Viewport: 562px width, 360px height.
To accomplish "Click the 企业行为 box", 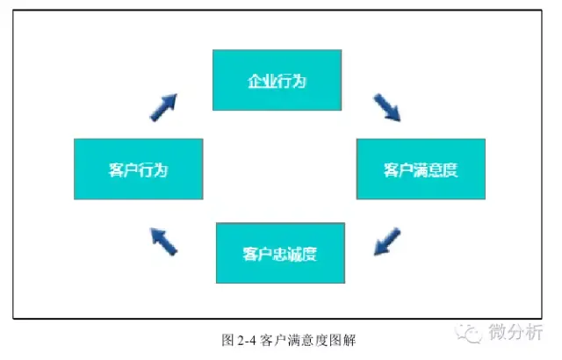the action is pos(277,80).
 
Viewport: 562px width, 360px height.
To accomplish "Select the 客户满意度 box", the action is pos(421,169).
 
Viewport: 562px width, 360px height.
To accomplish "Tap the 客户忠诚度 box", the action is pos(280,253).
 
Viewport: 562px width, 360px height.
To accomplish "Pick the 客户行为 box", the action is pos(139,169).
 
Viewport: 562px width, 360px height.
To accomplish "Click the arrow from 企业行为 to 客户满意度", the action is pos(387,107).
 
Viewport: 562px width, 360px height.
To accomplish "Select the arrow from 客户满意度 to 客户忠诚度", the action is pos(387,241).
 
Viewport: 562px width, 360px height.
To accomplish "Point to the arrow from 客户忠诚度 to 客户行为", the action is pos(163,241).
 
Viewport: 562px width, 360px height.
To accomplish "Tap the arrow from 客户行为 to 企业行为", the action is pos(163,107).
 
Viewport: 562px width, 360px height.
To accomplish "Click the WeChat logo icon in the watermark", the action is pos(469,333).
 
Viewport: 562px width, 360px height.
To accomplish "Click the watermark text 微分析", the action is pos(515,332).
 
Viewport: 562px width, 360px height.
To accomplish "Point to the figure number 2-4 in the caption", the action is pos(247,341).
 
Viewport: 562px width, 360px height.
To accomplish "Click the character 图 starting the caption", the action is pos(228,341).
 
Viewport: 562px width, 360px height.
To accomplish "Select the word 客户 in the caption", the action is pos(273,341).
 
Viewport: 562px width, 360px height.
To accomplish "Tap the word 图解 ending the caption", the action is pos(343,341).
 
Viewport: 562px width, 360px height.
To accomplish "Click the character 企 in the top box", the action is pos(256,82).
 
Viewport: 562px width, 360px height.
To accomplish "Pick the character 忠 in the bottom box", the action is pos(279,254).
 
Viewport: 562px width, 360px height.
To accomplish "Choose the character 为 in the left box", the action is pos(161,170).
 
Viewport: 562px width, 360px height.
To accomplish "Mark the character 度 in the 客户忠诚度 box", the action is pos(309,254).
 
